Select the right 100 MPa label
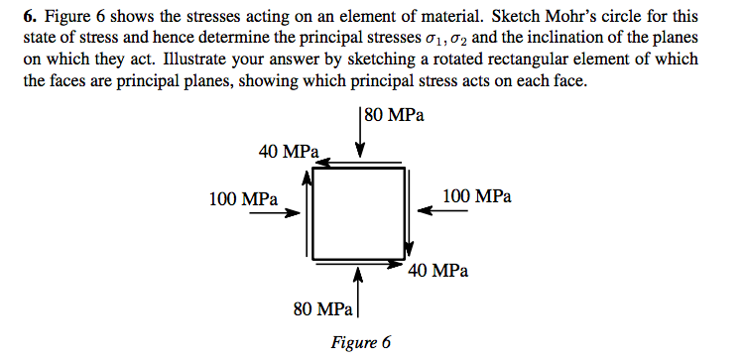pos(477,196)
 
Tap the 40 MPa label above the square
pos(288,152)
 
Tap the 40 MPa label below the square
pos(437,270)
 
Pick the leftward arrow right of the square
pos(438,209)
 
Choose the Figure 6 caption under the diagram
pos(359,343)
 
